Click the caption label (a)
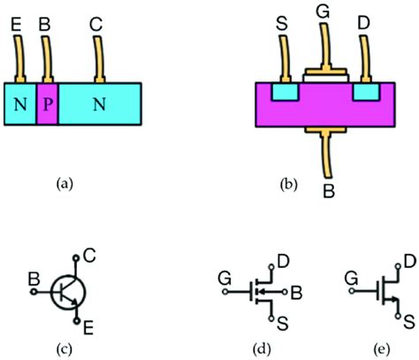[65, 184]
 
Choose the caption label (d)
[263, 346]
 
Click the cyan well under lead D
[364, 91]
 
